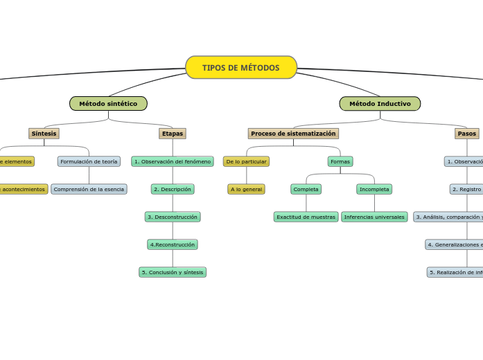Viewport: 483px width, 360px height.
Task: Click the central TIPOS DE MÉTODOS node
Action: point(241,68)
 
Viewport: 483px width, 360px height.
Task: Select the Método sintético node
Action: point(108,104)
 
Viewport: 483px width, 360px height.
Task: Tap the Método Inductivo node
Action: point(380,104)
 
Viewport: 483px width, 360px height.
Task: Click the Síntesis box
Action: point(44,134)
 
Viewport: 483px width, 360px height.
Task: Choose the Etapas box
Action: point(173,134)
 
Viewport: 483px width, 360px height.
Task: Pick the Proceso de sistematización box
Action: point(293,134)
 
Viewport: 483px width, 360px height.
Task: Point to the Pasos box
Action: point(467,134)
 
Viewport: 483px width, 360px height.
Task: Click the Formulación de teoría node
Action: point(89,161)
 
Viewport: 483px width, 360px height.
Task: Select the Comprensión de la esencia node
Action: point(89,189)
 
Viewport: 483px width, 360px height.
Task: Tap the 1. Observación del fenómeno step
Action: point(173,161)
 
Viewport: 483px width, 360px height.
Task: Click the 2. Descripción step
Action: point(173,189)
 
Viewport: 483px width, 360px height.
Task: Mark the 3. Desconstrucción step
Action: point(173,217)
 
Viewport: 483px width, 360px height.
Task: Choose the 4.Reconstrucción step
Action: point(173,244)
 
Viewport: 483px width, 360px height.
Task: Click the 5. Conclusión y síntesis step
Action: point(173,272)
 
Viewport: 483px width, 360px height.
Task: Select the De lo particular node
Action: point(246,161)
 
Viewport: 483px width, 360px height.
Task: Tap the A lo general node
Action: point(246,189)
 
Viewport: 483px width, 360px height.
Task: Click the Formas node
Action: point(340,161)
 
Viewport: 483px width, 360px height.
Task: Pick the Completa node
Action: point(306,189)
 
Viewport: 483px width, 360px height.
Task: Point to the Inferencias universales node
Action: point(374,217)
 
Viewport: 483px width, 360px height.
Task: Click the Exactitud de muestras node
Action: point(306,217)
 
